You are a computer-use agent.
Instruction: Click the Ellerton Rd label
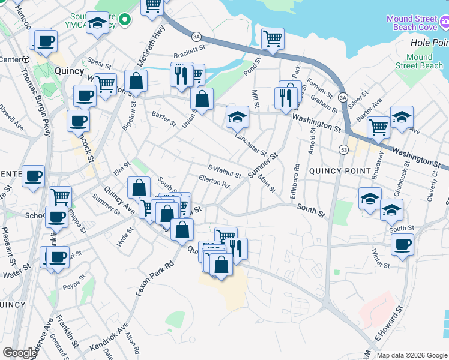[x=214, y=181]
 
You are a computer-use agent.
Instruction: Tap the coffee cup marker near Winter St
[x=402, y=244]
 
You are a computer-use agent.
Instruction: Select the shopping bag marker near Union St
[x=202, y=99]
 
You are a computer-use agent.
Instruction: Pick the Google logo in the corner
[x=20, y=353]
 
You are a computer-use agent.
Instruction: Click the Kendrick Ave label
[x=109, y=338]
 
